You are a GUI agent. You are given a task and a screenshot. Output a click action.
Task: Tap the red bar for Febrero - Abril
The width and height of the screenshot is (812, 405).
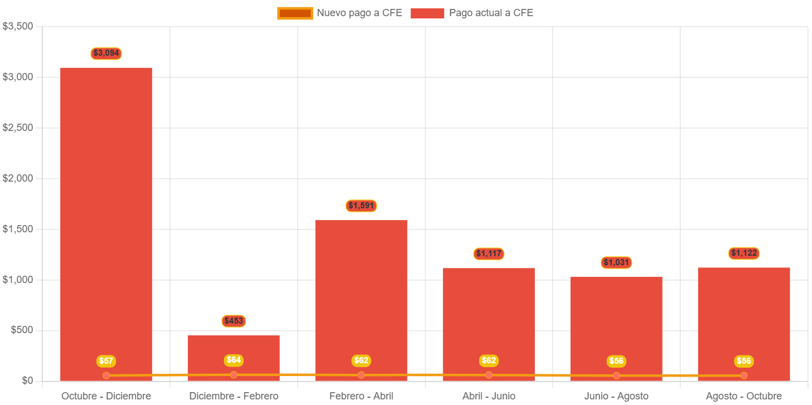[x=361, y=290]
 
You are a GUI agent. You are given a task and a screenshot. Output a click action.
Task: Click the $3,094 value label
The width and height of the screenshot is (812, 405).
[x=106, y=53]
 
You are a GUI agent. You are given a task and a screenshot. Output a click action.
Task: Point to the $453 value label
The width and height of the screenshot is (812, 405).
[x=234, y=321]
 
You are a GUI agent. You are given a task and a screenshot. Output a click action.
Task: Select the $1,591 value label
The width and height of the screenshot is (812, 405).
[x=361, y=206]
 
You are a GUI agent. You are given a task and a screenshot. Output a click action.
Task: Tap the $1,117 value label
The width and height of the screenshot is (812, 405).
[x=489, y=253]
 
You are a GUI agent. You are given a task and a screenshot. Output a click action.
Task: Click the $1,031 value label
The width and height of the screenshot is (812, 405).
[x=616, y=262]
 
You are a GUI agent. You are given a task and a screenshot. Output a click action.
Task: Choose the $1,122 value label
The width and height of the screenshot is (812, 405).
[x=744, y=253]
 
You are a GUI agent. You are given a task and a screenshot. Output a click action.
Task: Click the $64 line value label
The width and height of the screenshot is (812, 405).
[x=234, y=360]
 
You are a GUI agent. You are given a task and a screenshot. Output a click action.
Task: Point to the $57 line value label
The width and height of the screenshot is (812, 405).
[x=106, y=361]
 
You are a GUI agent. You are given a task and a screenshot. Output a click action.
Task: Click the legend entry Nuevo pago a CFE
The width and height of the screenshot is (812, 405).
[x=340, y=13]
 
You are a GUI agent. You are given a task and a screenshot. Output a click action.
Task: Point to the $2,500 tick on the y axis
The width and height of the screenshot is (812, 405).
[x=18, y=128]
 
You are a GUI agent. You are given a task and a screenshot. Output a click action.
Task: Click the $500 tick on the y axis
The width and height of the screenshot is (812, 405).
[x=21, y=330]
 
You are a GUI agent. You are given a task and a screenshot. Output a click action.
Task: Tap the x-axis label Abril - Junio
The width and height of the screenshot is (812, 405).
[x=489, y=396]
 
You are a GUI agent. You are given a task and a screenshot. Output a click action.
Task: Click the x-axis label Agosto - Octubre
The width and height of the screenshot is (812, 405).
[x=744, y=396]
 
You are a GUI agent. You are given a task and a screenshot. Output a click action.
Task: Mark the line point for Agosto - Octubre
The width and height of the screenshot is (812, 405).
[x=744, y=375]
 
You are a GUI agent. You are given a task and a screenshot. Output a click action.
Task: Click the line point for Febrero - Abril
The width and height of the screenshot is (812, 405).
[x=361, y=375]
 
